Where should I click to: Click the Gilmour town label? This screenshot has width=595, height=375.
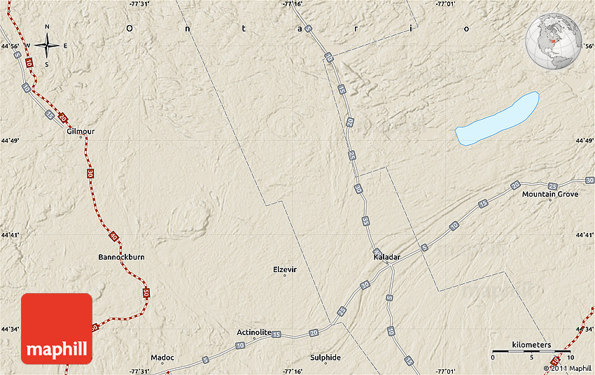(80, 131)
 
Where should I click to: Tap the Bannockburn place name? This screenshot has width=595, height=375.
(121, 257)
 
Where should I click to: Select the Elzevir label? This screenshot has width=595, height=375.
(285, 269)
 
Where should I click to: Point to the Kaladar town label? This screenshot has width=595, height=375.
(387, 257)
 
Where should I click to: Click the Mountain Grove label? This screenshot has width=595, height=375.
(550, 194)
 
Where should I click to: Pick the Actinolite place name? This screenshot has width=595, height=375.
(254, 332)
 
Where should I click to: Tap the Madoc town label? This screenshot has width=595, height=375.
(162, 358)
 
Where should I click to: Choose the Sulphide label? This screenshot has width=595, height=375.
(325, 358)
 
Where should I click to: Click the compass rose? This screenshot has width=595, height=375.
(47, 46)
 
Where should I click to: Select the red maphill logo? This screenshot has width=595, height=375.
(57, 329)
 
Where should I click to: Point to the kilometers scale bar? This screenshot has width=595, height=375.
(532, 350)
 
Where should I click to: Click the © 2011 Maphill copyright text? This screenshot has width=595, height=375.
(567, 368)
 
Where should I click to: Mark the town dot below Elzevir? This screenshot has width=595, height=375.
(285, 276)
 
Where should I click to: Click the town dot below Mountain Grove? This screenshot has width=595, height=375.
(550, 201)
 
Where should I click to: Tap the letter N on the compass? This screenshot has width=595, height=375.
(47, 27)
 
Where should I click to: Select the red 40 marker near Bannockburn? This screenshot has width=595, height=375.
(114, 237)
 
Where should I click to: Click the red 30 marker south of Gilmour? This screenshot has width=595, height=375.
(90, 172)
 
